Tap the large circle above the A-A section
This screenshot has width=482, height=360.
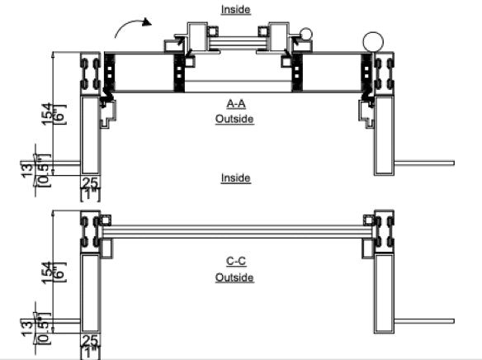pyautogui.click(x=372, y=42)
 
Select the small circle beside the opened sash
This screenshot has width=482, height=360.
pyautogui.click(x=306, y=35)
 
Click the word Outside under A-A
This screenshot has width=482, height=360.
pyautogui.click(x=234, y=119)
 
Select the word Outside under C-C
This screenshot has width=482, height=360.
pyautogui.click(x=234, y=277)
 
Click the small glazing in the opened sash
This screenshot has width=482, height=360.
pyautogui.click(x=234, y=39)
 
